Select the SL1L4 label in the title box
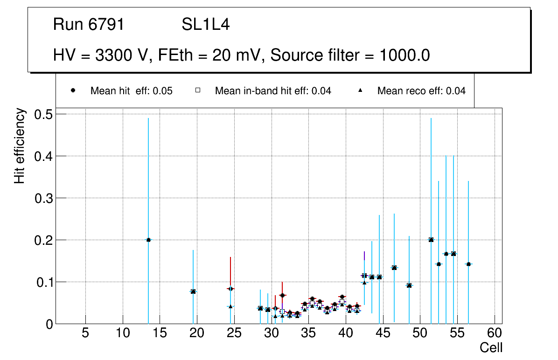[x=205, y=25]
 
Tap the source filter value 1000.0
[x=405, y=55]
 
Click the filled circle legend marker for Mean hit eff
[x=73, y=90]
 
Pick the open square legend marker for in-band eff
[x=197, y=90]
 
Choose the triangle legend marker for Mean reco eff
[x=360, y=90]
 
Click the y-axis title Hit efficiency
[x=20, y=145]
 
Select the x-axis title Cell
[x=491, y=347]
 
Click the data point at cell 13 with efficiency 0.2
[x=148, y=240]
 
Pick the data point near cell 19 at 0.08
[x=193, y=291]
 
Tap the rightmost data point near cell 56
[x=468, y=264]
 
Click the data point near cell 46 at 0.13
[x=394, y=268]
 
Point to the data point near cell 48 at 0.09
[x=409, y=285]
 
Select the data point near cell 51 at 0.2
[x=431, y=240]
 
